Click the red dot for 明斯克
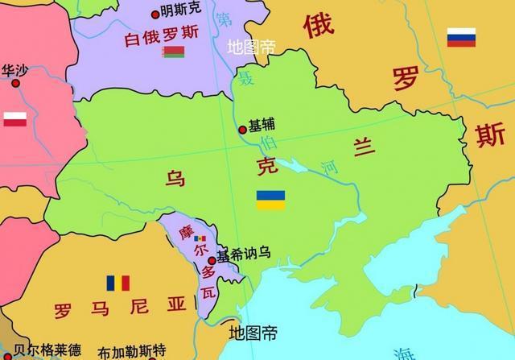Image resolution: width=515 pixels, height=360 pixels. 155,14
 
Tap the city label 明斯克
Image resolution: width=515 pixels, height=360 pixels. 181,11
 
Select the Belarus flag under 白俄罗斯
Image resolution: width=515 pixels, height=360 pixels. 173,52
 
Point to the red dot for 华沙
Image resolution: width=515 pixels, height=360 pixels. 14,82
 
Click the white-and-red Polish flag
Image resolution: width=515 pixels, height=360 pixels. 16,119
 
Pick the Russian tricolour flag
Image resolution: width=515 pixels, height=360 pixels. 461,37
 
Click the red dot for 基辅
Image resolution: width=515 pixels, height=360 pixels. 242,129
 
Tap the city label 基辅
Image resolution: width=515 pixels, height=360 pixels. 262,126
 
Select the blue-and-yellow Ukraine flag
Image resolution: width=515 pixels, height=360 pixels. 270,200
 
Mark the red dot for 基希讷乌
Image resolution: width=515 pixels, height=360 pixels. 212,260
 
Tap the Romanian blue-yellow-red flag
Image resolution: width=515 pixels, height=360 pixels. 118,283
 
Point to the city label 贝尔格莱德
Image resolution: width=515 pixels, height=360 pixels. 47,350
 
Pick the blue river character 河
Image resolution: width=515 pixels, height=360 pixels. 330,168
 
